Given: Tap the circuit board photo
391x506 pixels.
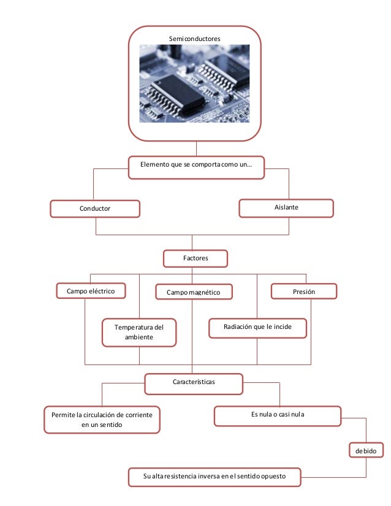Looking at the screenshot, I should [194, 84].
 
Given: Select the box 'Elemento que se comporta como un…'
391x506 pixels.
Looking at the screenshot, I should [196, 165].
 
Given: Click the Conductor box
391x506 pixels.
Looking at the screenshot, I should [95, 209].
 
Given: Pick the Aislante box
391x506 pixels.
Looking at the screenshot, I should [286, 208].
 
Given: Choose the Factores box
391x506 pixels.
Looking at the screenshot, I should [195, 259].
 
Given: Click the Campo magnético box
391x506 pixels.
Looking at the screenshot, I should [194, 293].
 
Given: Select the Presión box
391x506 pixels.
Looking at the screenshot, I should [304, 292].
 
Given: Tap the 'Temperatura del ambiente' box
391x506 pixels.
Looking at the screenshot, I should [139, 333].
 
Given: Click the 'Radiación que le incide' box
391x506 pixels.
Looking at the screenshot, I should [257, 328].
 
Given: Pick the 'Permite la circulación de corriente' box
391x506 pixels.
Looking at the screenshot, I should [102, 420].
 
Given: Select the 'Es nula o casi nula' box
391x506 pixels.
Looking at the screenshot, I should [278, 415].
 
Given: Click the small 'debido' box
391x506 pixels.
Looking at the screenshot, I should [366, 451].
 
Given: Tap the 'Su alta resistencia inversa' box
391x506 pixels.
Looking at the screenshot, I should [214, 477].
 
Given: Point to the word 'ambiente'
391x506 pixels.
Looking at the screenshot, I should [139, 338].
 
